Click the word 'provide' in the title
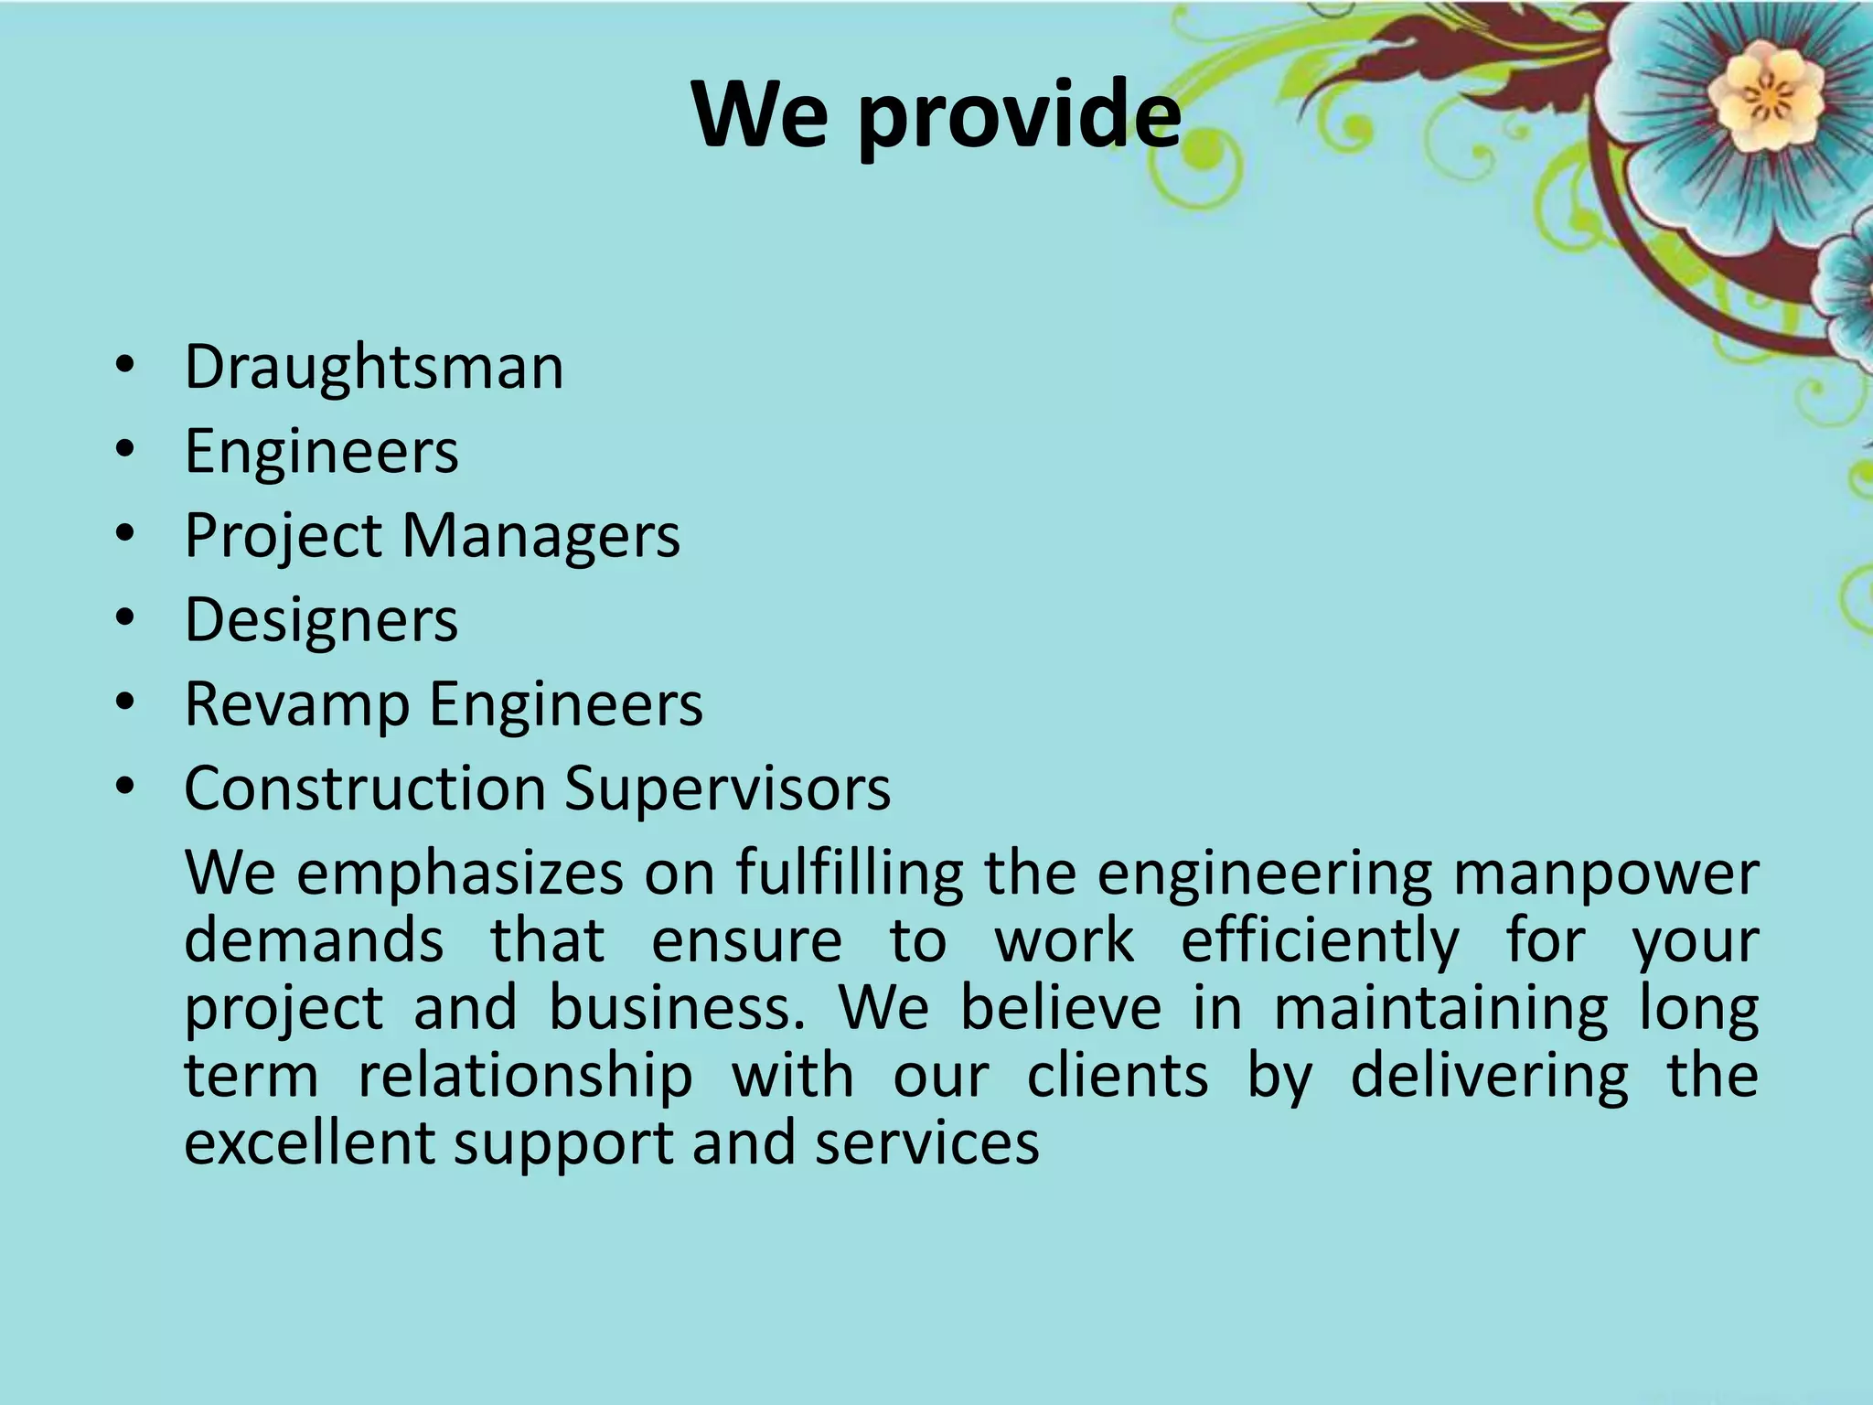[x=1019, y=116]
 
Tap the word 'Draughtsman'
[x=374, y=368]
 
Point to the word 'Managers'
[x=541, y=537]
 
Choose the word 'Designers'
[x=321, y=621]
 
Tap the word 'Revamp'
[x=297, y=705]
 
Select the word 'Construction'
[x=365, y=788]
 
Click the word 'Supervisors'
[x=727, y=788]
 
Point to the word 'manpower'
[x=1606, y=874]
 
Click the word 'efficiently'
[x=1320, y=942]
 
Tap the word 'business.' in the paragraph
[x=677, y=1009]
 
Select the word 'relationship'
[x=525, y=1077]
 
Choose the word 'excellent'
[x=309, y=1142]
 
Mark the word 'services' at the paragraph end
[x=927, y=1143]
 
